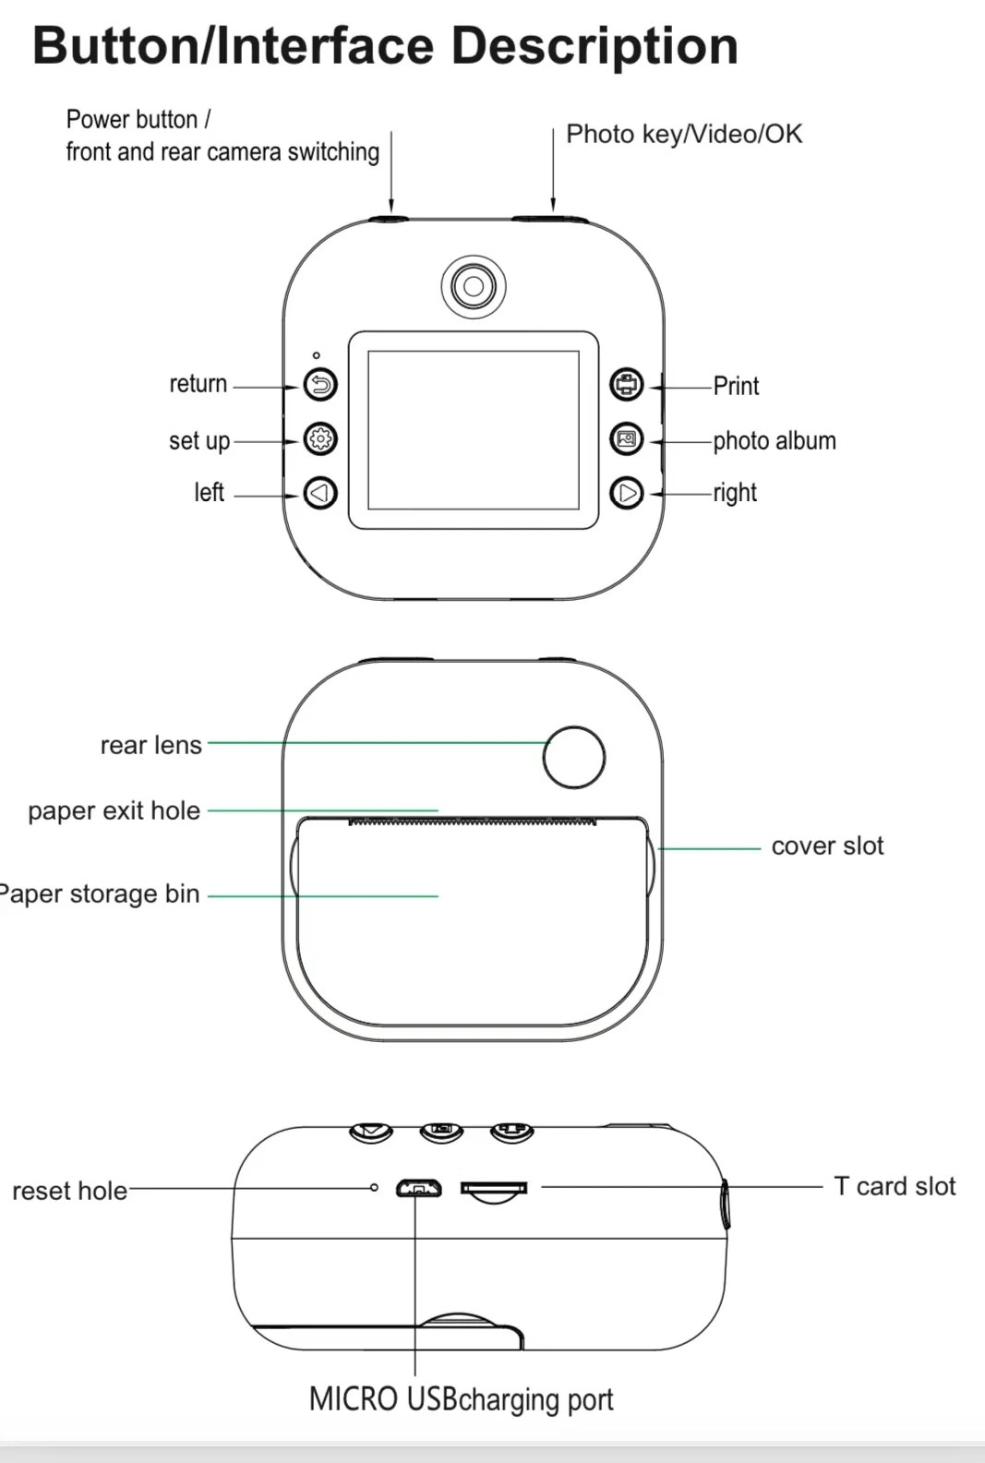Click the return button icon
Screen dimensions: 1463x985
(320, 384)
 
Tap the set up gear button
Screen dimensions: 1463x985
(320, 438)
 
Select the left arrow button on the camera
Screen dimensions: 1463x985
(320, 493)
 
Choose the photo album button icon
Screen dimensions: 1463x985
(627, 438)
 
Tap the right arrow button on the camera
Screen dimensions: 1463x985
(627, 493)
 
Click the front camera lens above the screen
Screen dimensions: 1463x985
(474, 286)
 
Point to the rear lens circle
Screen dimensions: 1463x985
(573, 757)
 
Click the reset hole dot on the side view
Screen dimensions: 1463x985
(374, 1187)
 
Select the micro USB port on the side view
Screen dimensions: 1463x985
(418, 1188)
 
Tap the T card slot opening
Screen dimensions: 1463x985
(494, 1189)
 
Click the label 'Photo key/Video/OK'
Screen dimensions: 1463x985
(684, 135)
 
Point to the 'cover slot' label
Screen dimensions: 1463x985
(827, 845)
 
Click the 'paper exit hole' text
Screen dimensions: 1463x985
(114, 810)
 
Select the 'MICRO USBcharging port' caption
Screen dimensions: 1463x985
(461, 1399)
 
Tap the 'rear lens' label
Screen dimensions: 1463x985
(150, 745)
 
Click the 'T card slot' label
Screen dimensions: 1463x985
(894, 1186)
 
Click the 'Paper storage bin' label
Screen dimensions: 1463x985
(100, 893)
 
